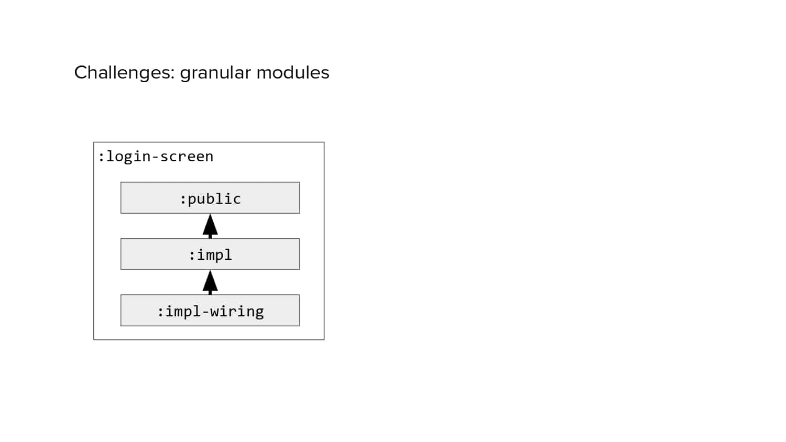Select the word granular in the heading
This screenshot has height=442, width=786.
click(x=215, y=74)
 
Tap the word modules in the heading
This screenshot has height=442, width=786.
click(x=293, y=73)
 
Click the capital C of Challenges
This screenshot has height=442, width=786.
click(x=81, y=73)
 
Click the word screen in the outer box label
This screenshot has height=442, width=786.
click(x=187, y=157)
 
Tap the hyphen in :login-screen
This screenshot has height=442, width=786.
click(x=156, y=157)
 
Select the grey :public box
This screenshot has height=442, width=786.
click(x=210, y=197)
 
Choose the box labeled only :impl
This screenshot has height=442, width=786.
click(x=210, y=254)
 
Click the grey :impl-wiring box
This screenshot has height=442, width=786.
click(x=210, y=311)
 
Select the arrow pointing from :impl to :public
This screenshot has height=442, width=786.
click(x=210, y=226)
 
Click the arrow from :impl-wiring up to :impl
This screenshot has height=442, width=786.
click(x=210, y=282)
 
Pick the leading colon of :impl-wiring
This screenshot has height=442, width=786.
click(x=160, y=312)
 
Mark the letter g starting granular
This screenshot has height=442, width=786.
click(x=185, y=75)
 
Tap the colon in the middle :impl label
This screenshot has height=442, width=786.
click(x=192, y=256)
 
